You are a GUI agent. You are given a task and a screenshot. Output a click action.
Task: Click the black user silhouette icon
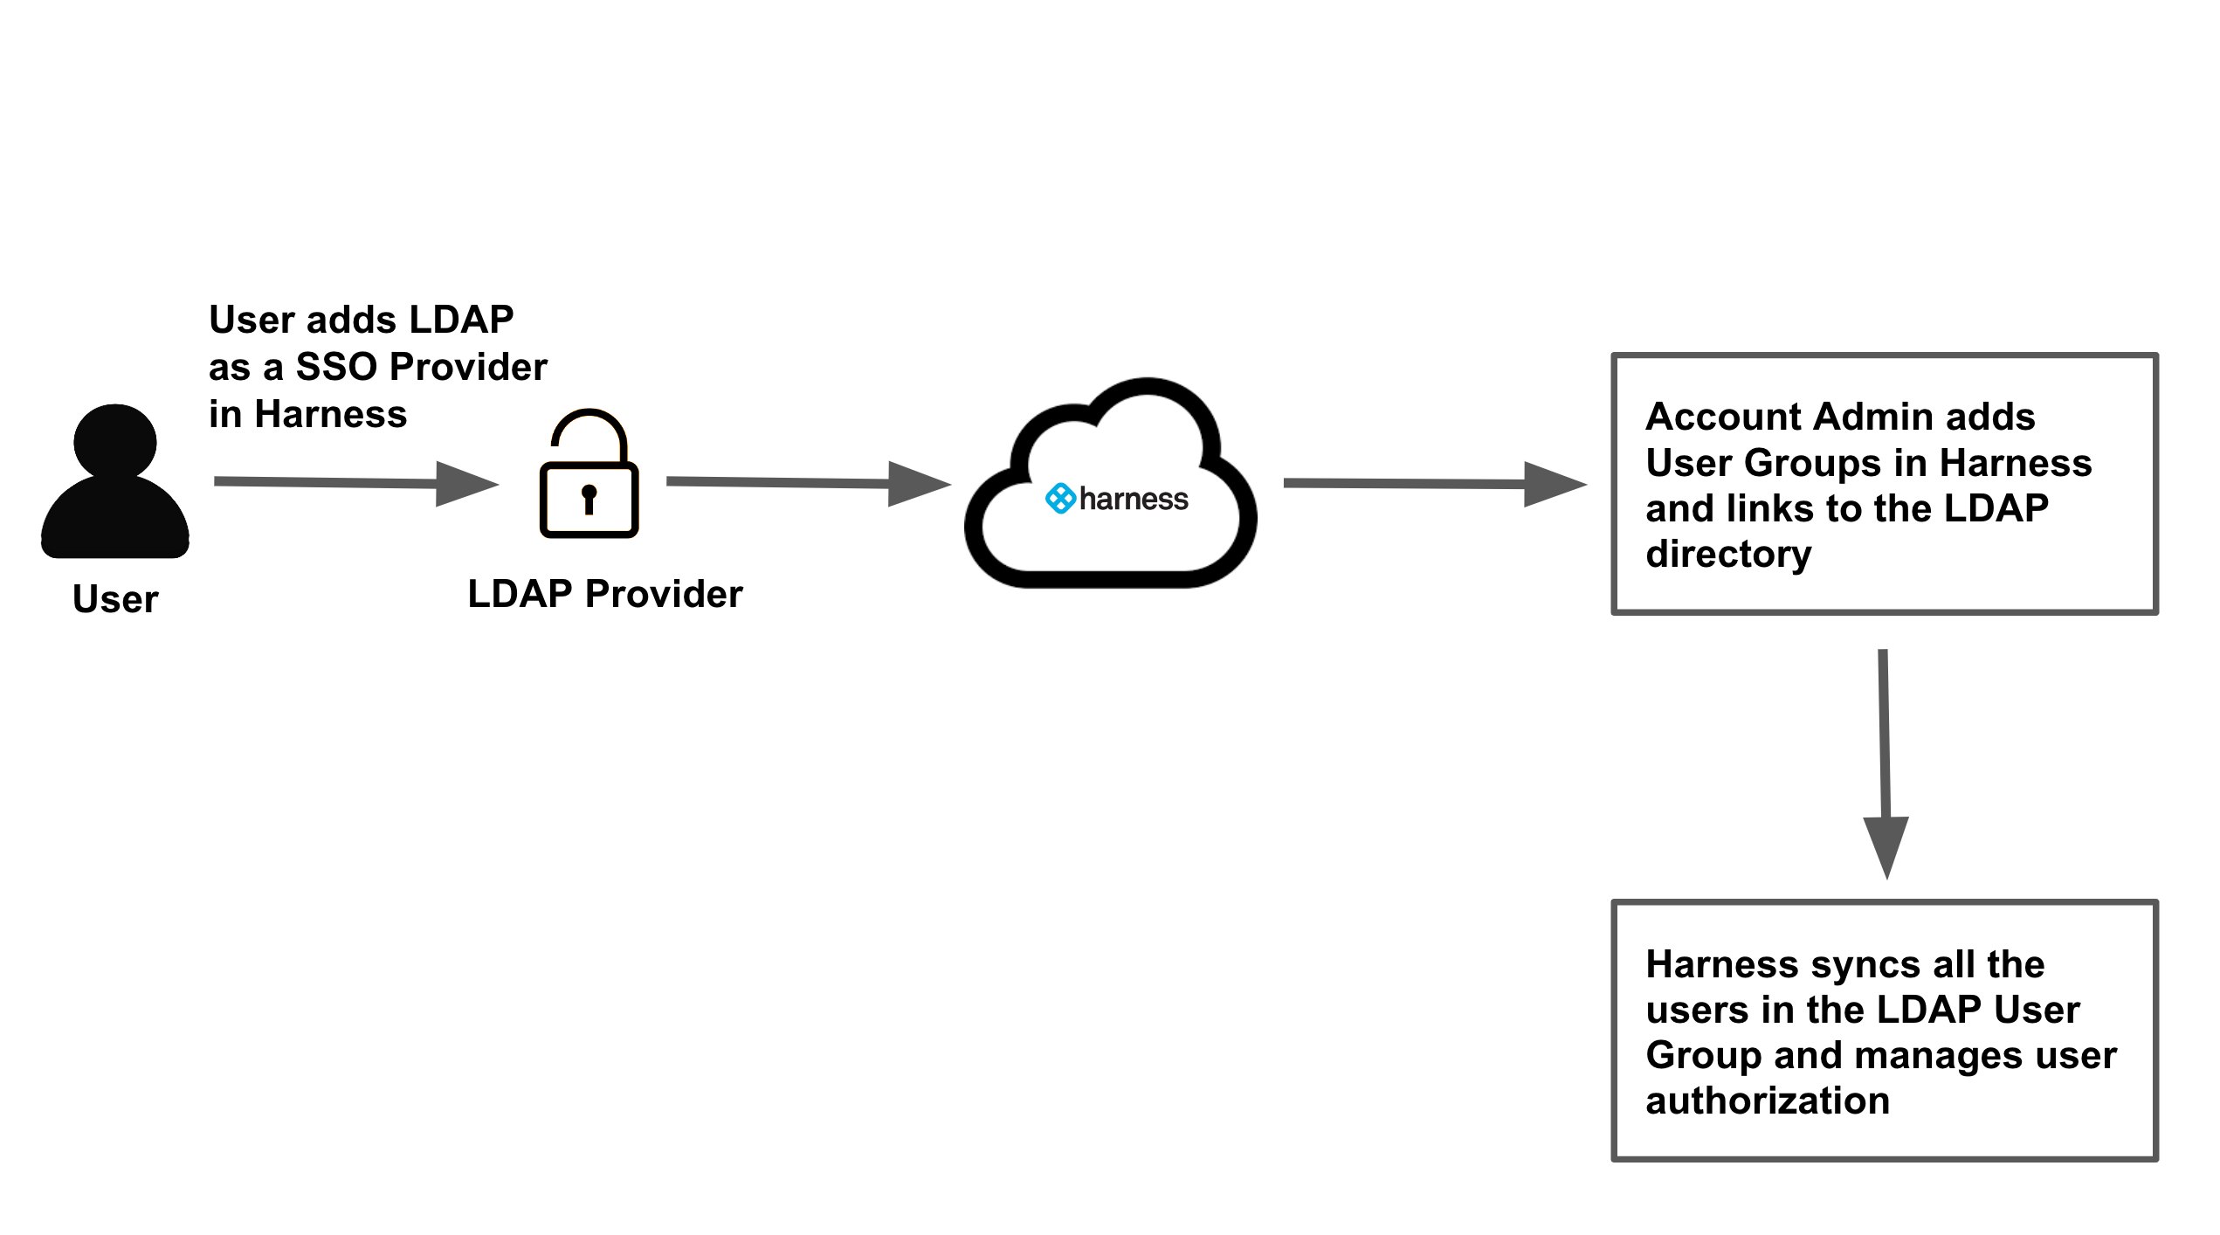pyautogui.click(x=115, y=489)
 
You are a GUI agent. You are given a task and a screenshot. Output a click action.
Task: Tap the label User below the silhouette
pyautogui.click(x=115, y=599)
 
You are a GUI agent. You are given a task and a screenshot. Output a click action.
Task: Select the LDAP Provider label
pyautogui.click(x=605, y=594)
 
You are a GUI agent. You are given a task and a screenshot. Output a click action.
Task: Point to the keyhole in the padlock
pyautogui.click(x=589, y=498)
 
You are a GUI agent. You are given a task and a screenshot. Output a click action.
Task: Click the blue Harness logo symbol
pyautogui.click(x=1060, y=499)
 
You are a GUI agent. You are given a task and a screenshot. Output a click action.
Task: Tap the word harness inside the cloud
pyautogui.click(x=1134, y=499)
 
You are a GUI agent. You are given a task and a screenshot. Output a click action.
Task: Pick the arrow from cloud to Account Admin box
pyautogui.click(x=1432, y=484)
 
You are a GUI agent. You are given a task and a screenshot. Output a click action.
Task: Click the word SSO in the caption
pyautogui.click(x=336, y=367)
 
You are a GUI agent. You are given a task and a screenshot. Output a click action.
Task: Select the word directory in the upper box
pyautogui.click(x=1728, y=554)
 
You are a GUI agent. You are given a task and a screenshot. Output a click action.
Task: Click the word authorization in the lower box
pyautogui.click(x=1768, y=1100)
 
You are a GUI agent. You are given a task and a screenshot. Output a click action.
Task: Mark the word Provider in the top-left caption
pyautogui.click(x=468, y=367)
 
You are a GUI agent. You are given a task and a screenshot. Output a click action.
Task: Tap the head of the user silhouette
pyautogui.click(x=115, y=441)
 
